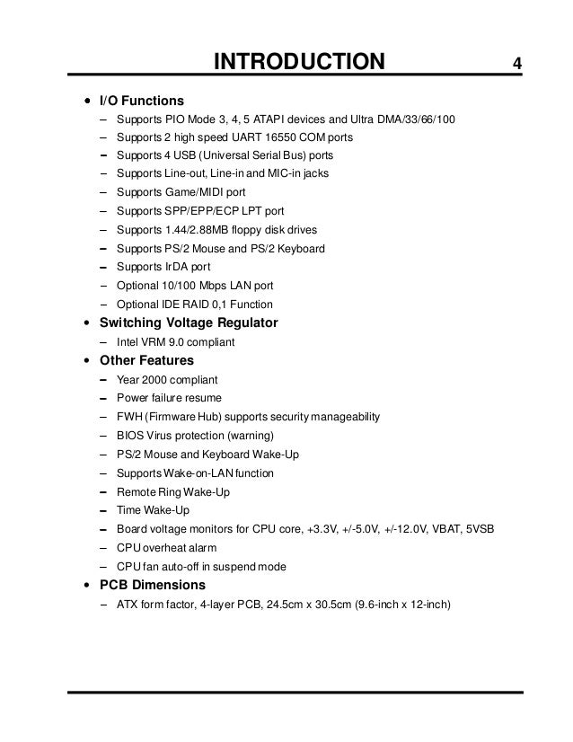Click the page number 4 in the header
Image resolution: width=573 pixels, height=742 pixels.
(x=518, y=63)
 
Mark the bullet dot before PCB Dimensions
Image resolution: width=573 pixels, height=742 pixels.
(x=85, y=586)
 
